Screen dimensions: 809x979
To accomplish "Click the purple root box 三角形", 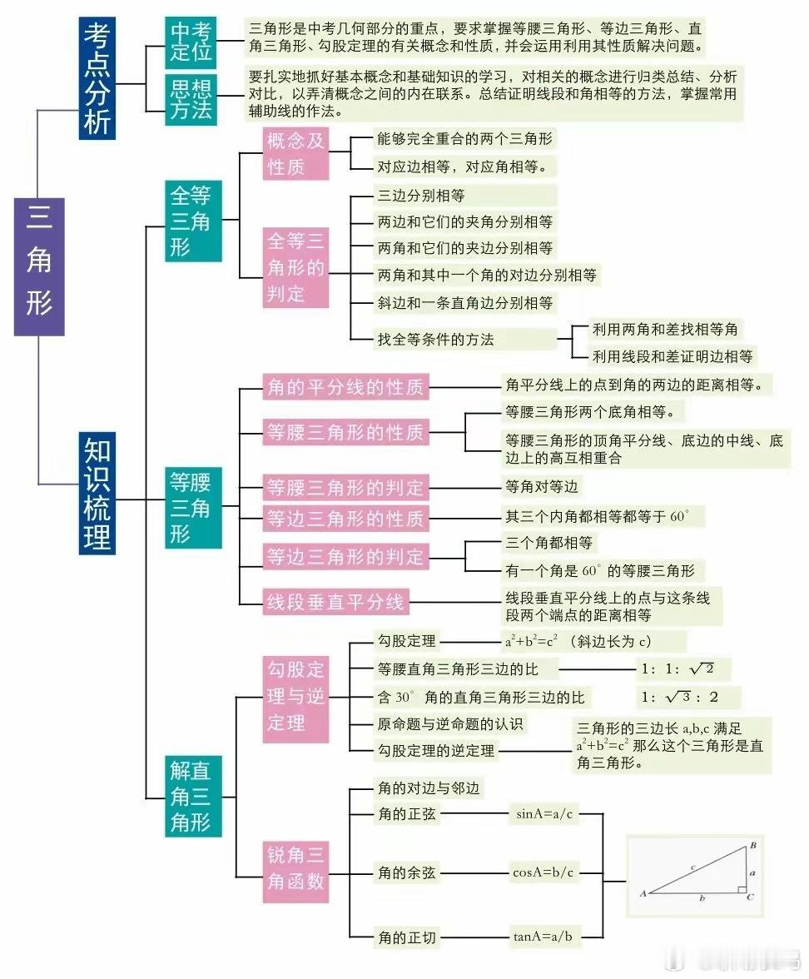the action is click(x=39, y=267).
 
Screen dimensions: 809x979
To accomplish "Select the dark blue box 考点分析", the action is click(x=97, y=78).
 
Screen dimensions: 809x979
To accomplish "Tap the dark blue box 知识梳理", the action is click(x=97, y=493).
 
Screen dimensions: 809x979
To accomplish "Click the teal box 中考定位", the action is click(x=191, y=42).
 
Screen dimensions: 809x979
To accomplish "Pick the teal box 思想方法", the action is click(x=191, y=100).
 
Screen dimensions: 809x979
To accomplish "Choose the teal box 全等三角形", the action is click(x=193, y=221).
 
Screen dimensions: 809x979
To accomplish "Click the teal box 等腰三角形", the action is click(x=193, y=508).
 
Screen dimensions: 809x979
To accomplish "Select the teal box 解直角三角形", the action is click(x=193, y=796).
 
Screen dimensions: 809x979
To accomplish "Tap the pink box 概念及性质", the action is click(x=296, y=153).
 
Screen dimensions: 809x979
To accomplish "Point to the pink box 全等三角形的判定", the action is click(x=296, y=267).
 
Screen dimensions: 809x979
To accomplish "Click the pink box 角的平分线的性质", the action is click(x=346, y=387).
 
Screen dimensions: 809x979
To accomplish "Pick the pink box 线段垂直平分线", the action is click(x=336, y=602).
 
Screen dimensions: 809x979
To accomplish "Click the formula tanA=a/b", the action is click(x=543, y=936).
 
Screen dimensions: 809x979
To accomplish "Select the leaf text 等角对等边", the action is click(x=542, y=486).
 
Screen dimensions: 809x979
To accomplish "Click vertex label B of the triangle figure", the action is click(x=753, y=845).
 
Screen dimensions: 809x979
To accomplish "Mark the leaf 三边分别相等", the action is click(x=421, y=196).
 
